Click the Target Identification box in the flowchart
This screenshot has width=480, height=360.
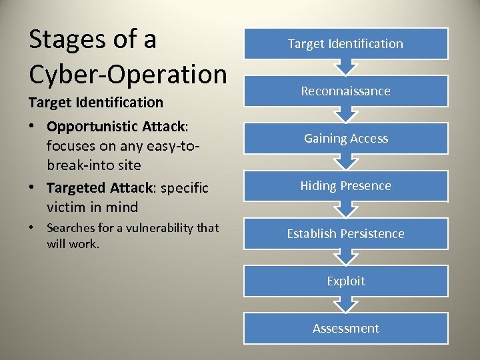tap(345, 44)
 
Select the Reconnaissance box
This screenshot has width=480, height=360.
tap(345, 91)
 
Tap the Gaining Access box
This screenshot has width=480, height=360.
tap(345, 139)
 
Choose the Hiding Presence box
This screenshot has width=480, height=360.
tap(345, 186)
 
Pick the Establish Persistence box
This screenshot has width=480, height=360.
tap(345, 233)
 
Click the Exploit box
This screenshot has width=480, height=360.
tap(345, 281)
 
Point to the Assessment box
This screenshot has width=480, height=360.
tap(345, 328)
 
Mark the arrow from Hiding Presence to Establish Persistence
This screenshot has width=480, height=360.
tap(345, 210)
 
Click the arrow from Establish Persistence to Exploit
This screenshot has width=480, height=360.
tap(345, 257)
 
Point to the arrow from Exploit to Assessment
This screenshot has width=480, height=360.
tap(345, 305)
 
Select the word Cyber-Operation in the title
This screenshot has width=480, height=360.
tap(128, 74)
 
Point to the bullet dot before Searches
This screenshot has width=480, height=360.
tap(33, 229)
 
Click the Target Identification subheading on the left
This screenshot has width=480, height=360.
tap(95, 102)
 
